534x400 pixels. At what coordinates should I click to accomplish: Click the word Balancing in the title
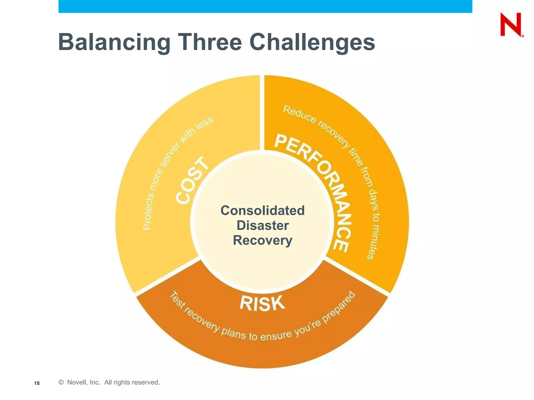coord(114,42)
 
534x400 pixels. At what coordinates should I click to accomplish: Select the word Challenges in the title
coord(312,42)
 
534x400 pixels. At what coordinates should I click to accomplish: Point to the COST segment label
coord(192,181)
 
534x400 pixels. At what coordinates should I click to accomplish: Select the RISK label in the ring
coord(262,303)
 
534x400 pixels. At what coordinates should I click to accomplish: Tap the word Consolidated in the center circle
coord(263,210)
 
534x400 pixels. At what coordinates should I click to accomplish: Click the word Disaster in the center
coord(263,225)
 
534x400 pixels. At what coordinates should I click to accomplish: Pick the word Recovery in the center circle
coord(263,240)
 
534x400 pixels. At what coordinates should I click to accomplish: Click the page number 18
coord(37,383)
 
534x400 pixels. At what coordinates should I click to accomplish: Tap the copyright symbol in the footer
coord(61,382)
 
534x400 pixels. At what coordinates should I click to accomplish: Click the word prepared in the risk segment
coord(339,307)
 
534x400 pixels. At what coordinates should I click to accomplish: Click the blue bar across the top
coord(265,6)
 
